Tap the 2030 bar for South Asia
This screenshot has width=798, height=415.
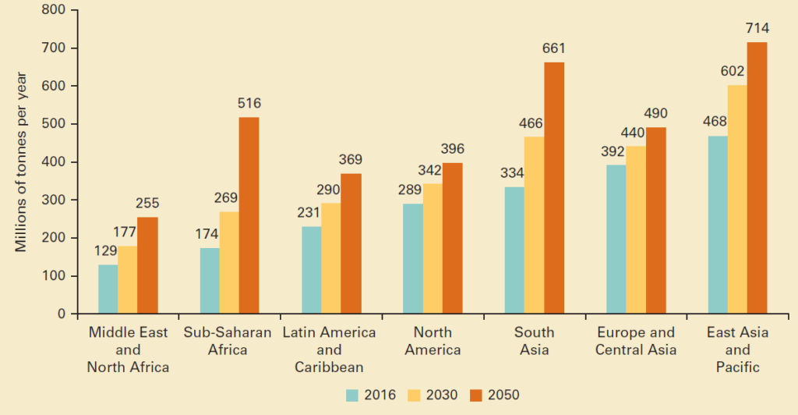(x=534, y=225)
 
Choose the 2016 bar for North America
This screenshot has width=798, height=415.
(x=412, y=259)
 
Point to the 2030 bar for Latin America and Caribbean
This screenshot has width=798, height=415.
(x=330, y=259)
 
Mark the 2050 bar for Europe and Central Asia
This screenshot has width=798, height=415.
(x=655, y=221)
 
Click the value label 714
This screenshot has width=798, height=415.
(x=757, y=28)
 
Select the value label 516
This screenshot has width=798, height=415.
(x=249, y=103)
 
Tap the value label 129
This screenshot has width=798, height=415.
(x=108, y=251)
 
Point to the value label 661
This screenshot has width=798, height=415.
(x=554, y=48)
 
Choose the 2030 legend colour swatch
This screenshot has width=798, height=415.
(x=414, y=395)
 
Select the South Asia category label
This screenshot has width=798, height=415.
(x=534, y=341)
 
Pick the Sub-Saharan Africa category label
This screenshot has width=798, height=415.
(x=228, y=341)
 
